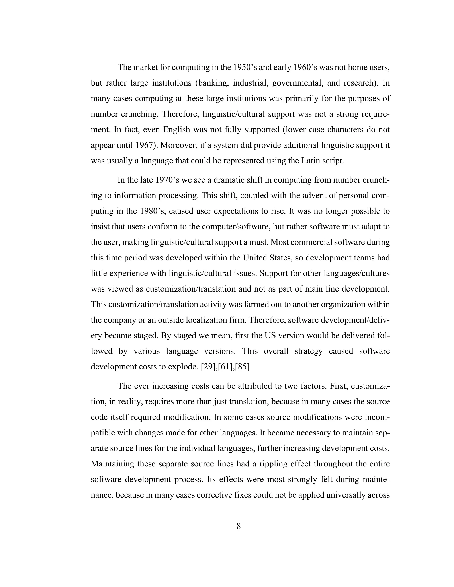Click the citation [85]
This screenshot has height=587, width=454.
(x=242, y=367)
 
